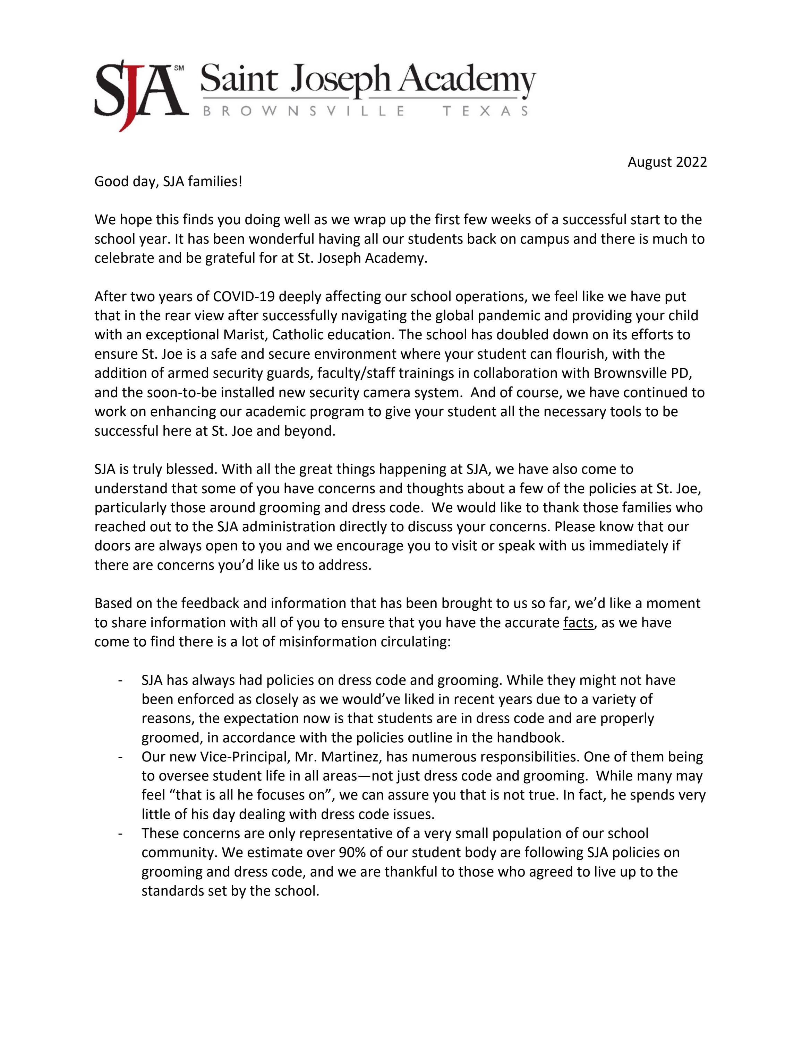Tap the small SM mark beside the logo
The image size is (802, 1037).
tap(179, 68)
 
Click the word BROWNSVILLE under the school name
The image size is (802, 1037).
tap(304, 111)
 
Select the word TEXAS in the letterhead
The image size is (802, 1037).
tap(485, 111)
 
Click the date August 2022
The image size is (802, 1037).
tap(667, 163)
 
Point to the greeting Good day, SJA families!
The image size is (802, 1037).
tap(168, 181)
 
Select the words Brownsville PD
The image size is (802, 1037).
tap(642, 373)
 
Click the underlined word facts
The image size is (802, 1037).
tap(578, 622)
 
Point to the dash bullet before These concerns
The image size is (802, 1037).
tap(121, 833)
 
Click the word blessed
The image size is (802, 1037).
tap(191, 469)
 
